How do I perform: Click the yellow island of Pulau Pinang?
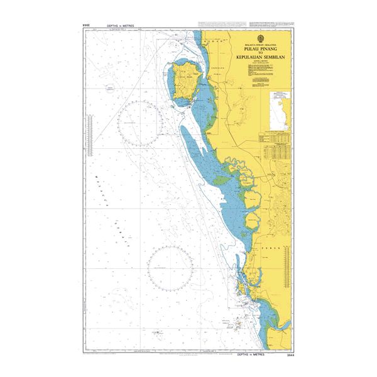[x=185, y=82]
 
